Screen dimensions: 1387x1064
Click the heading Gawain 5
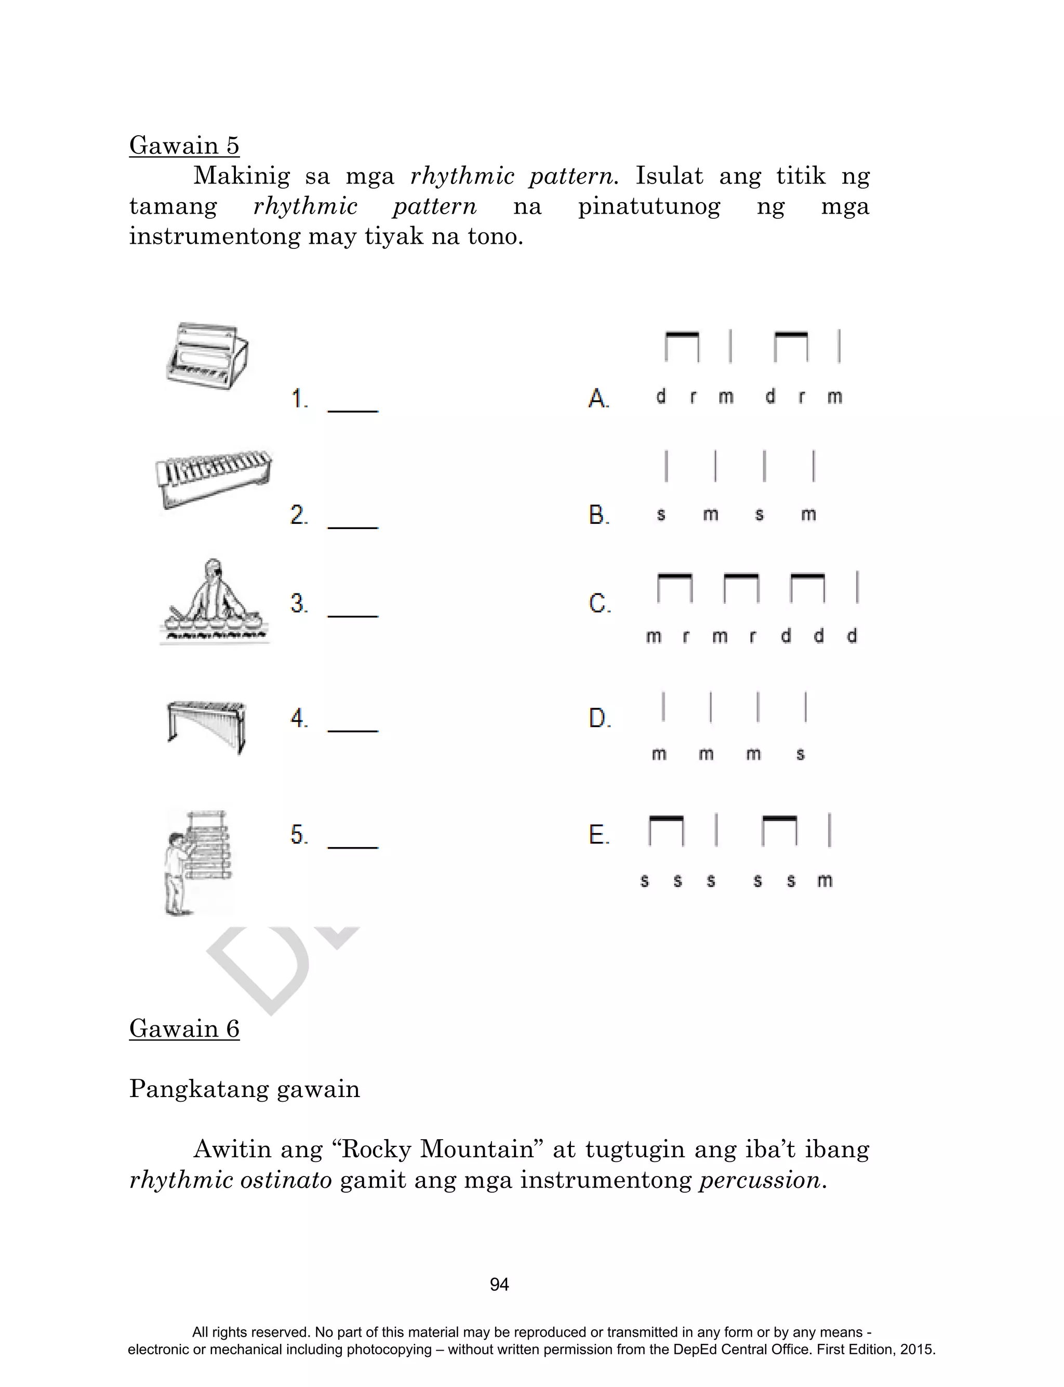coord(184,146)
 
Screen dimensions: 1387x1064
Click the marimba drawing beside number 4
coord(206,724)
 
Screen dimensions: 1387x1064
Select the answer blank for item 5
coord(353,840)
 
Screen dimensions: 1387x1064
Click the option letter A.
coord(598,399)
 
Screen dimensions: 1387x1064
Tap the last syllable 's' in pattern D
coord(801,754)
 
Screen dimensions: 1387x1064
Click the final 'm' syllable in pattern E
coord(824,880)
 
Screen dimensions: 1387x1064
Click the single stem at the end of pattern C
coord(857,587)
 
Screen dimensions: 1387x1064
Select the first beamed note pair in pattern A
coord(682,347)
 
